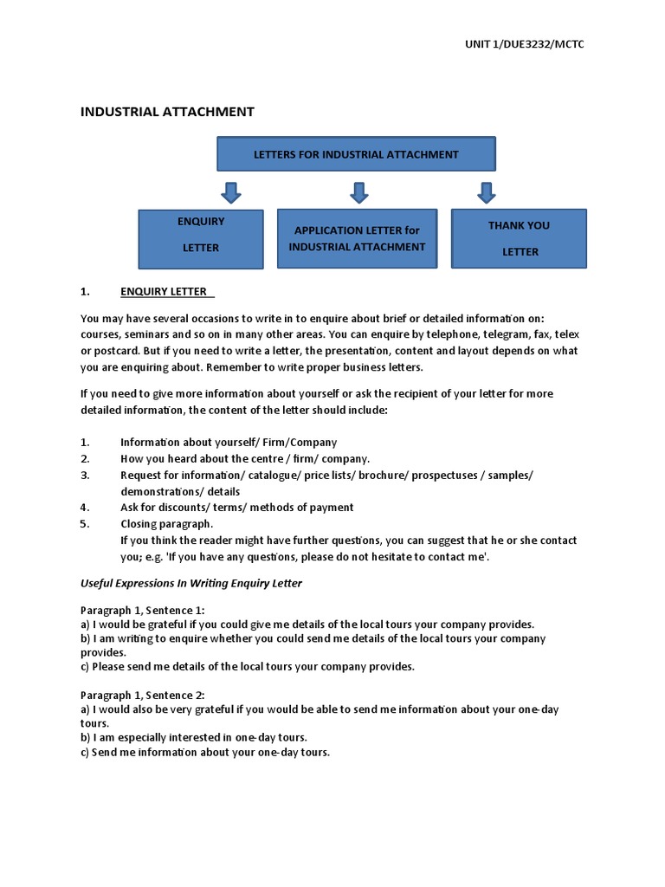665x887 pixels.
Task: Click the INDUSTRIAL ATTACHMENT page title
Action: coord(167,112)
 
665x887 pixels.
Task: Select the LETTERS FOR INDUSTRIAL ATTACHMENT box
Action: coord(356,154)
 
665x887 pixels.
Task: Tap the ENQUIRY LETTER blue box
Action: coord(201,234)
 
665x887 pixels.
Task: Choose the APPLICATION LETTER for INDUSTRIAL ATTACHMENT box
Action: coord(357,238)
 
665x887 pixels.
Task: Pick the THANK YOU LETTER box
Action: coord(519,238)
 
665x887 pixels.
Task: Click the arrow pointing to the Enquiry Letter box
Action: coord(230,191)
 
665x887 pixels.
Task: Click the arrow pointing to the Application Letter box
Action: coord(359,191)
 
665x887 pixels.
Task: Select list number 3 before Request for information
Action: coord(85,476)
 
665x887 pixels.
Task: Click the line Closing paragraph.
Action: coord(166,524)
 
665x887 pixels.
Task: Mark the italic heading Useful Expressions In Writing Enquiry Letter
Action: coord(191,583)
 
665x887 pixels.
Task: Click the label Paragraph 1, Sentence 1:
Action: coord(143,609)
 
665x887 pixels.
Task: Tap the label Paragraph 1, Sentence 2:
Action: coord(143,695)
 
